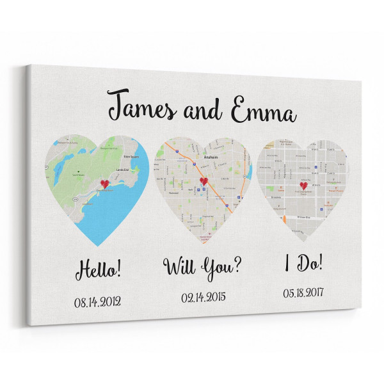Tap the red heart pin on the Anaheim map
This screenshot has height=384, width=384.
click(x=204, y=181)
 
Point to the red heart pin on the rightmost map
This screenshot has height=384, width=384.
click(x=303, y=186)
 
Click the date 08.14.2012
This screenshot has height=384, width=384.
click(x=98, y=301)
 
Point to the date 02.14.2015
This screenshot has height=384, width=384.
click(x=203, y=298)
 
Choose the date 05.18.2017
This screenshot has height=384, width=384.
click(x=303, y=292)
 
